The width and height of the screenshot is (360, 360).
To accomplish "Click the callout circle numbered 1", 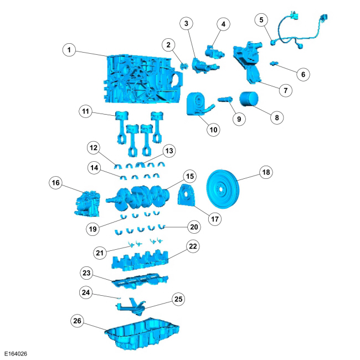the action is coord(69,50).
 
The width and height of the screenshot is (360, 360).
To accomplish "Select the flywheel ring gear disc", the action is coord(223,189).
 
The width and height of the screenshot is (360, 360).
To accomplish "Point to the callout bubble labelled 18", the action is coord(266,172).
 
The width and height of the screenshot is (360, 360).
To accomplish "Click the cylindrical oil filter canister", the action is coord(249,99).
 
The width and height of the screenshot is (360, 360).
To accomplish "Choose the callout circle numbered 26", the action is coord(77,321).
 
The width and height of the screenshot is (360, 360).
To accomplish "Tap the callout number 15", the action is coord(190,176).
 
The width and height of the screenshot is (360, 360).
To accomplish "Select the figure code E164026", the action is coord(16,354).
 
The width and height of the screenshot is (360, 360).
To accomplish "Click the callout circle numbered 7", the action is coord(286,90).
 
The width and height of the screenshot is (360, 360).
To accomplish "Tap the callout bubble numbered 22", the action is coord(193,246).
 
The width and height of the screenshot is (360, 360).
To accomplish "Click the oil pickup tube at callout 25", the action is coord(131,307).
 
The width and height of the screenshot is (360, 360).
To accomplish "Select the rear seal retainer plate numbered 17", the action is coord(187,195).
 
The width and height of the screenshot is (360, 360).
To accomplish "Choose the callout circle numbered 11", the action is coord(85,111).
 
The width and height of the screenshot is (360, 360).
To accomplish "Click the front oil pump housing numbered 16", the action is coord(88,204).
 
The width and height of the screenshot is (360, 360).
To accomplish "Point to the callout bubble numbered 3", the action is coord(186,23).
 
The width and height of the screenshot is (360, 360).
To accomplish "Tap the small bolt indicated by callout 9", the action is coord(225,100).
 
